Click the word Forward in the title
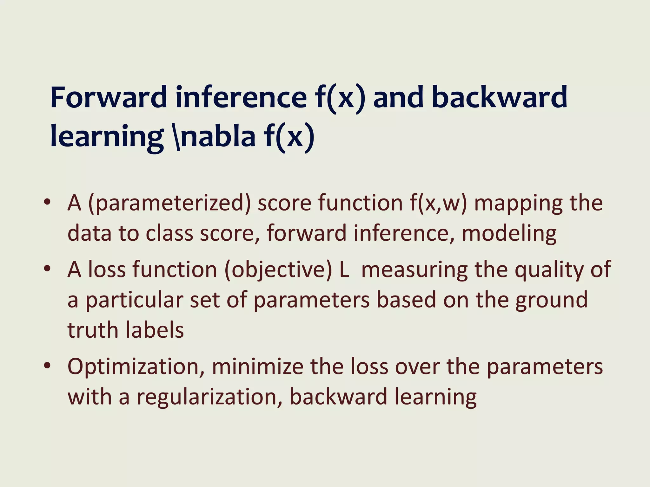pyautogui.click(x=109, y=97)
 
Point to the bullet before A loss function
pyautogui.click(x=47, y=269)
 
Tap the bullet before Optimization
pyautogui.click(x=47, y=366)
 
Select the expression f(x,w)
pyautogui.click(x=438, y=203)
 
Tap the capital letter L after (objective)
pyautogui.click(x=344, y=269)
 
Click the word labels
pyautogui.click(x=155, y=330)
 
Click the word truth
pyautogui.click(x=93, y=330)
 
